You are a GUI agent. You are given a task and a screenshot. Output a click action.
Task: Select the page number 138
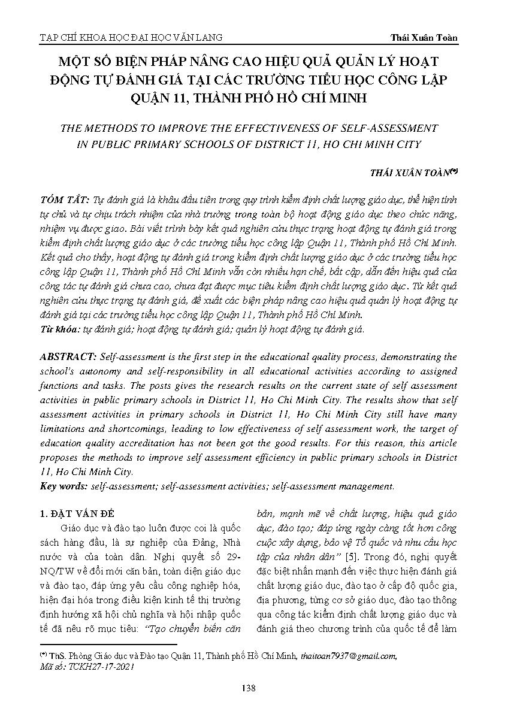tap(247, 688)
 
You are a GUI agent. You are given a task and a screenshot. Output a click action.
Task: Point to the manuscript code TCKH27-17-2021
tap(102, 665)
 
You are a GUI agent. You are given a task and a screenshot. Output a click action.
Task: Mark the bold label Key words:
tap(64, 486)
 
